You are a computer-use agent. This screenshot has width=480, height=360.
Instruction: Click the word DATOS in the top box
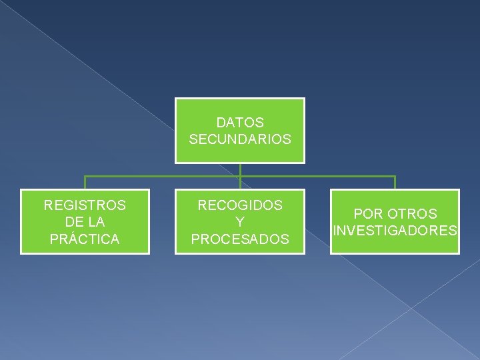[x=240, y=123]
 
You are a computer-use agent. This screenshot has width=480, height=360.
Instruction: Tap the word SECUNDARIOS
[x=240, y=140]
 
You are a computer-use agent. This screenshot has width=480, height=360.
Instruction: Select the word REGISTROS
[x=85, y=205]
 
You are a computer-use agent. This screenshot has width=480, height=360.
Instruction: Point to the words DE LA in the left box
[x=85, y=222]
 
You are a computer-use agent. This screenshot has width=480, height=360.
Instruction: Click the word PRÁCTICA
[x=85, y=239]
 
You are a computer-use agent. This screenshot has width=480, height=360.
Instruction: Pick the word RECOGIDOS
[x=240, y=205]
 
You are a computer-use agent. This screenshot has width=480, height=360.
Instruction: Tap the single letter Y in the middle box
[x=240, y=222]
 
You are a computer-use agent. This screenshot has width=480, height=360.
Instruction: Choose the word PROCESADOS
[x=240, y=239]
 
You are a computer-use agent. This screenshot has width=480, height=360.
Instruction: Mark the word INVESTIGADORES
[x=395, y=231]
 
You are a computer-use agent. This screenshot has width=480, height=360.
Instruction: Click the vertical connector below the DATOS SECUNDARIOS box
[x=240, y=170]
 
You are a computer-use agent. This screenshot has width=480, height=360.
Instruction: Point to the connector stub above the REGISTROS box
[x=85, y=183]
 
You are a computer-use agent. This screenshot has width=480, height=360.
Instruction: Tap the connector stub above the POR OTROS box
[x=395, y=183]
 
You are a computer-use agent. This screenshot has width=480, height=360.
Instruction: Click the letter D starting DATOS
[x=221, y=123]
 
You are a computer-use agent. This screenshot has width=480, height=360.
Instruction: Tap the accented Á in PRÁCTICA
[x=73, y=238]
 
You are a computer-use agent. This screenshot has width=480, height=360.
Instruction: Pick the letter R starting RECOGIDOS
[x=202, y=205]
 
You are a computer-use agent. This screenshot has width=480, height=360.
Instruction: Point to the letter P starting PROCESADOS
[x=195, y=239]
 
